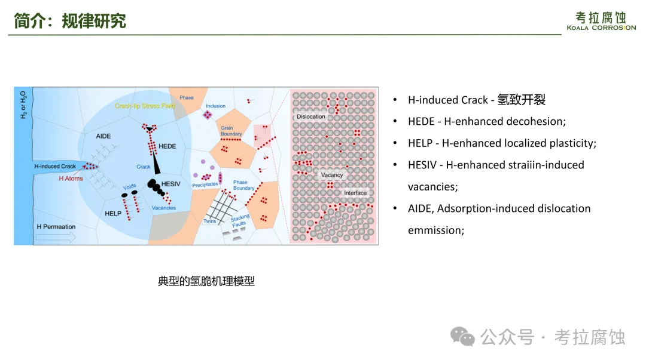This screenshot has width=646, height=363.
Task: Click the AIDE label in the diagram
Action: pyautogui.click(x=103, y=136)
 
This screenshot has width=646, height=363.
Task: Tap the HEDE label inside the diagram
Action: pyautogui.click(x=167, y=146)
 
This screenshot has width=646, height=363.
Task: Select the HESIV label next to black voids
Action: pyautogui.click(x=170, y=184)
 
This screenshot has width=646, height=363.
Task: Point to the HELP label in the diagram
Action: pyautogui.click(x=113, y=213)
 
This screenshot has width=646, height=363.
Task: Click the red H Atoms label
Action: pyautogui.click(x=71, y=179)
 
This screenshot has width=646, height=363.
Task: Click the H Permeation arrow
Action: pyautogui.click(x=56, y=237)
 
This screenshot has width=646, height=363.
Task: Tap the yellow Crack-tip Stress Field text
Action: pyautogui.click(x=145, y=106)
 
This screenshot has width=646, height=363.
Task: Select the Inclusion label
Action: pyautogui.click(x=215, y=106)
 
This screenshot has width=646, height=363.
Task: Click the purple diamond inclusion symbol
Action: pyautogui.click(x=207, y=115)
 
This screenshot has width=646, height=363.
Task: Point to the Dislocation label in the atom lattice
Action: pyautogui.click(x=310, y=116)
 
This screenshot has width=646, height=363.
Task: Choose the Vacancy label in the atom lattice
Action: pyautogui.click(x=331, y=175)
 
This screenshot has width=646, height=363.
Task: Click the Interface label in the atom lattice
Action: pyautogui.click(x=355, y=193)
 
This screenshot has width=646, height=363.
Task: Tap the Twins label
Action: pyautogui.click(x=210, y=221)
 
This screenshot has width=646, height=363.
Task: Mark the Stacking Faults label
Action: pyautogui.click(x=240, y=221)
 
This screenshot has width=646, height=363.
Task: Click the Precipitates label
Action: pyautogui.click(x=205, y=185)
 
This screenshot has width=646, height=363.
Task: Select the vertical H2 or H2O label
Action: pyautogui.click(x=23, y=105)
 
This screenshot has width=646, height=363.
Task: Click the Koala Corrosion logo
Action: pyautogui.click(x=601, y=21)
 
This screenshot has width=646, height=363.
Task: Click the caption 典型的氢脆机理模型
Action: pyautogui.click(x=206, y=281)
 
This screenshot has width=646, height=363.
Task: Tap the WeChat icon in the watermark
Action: pyautogui.click(x=462, y=337)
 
